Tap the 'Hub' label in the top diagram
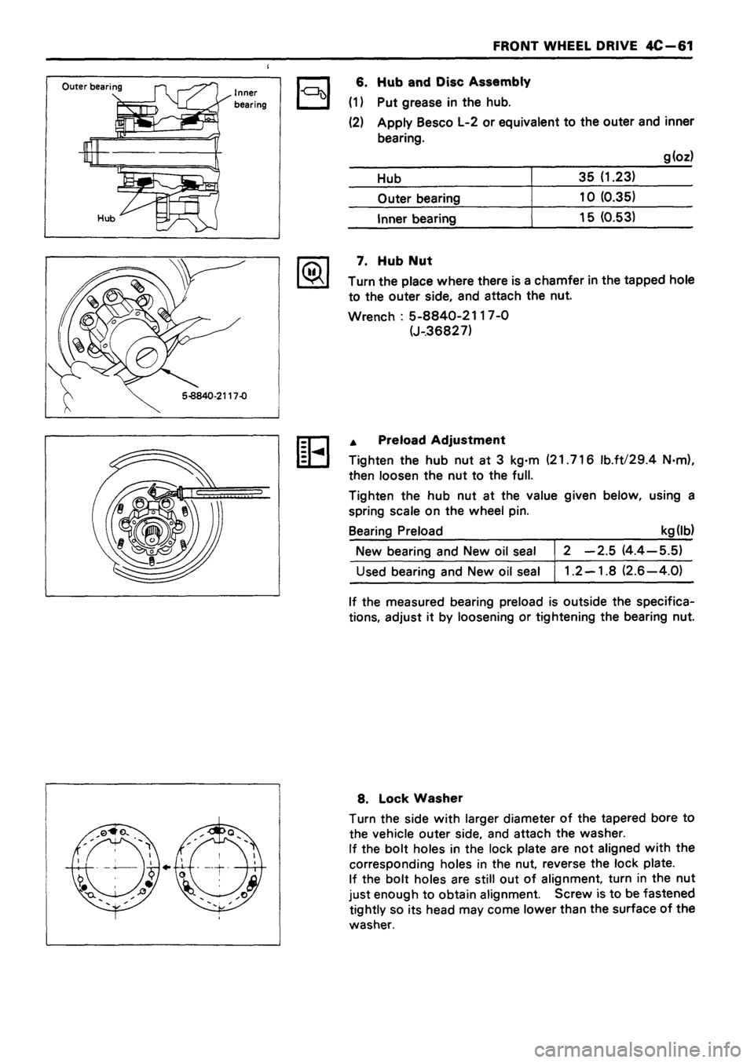point(73,221)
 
